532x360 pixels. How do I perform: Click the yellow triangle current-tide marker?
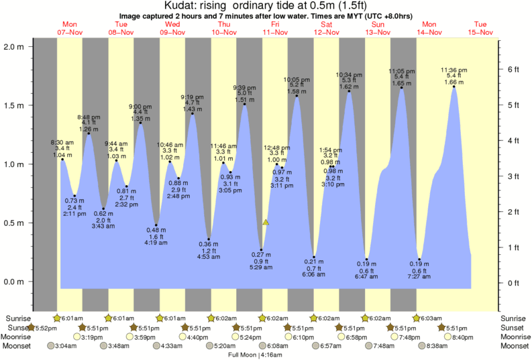(x=266, y=222)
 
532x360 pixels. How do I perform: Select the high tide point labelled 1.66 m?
(x=454, y=86)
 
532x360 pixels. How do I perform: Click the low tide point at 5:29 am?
(x=262, y=250)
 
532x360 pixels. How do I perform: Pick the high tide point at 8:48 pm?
(x=89, y=133)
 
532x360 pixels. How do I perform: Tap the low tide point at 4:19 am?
(x=156, y=225)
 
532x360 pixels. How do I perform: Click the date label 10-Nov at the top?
(x=224, y=32)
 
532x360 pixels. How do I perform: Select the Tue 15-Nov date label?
(x=481, y=32)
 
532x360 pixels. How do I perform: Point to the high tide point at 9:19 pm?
(x=193, y=113)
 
